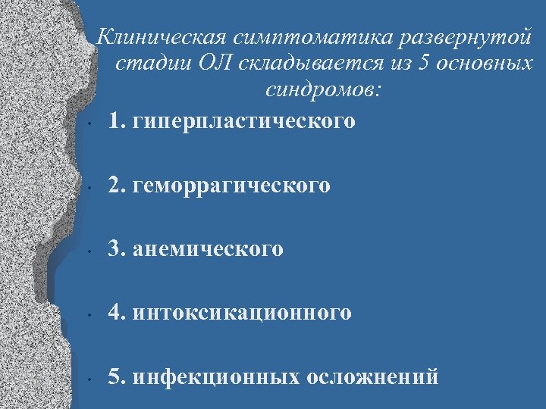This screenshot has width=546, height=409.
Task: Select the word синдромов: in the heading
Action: (325, 90)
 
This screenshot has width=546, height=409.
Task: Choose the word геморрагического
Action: (231, 185)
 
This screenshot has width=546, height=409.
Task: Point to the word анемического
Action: (207, 248)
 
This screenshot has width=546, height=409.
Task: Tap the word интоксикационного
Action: (241, 312)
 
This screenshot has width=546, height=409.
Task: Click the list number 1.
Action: (115, 120)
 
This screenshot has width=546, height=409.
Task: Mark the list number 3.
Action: (115, 248)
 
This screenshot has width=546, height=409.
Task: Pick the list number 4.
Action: (115, 312)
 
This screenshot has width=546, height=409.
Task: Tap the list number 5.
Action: (115, 376)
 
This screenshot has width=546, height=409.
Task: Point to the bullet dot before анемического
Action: (89, 251)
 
